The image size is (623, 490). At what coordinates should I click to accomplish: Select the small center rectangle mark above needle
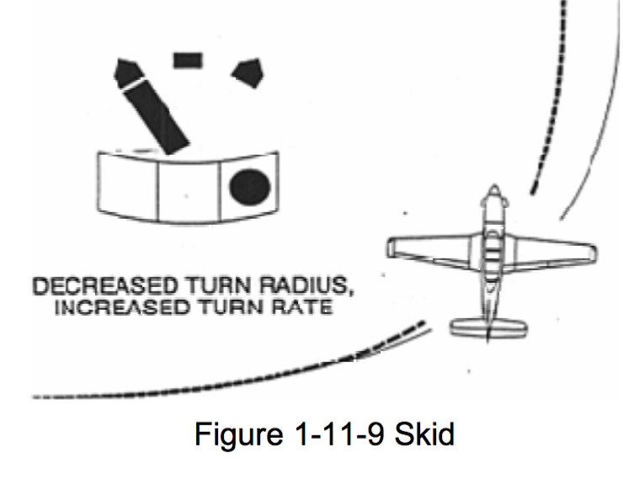188,59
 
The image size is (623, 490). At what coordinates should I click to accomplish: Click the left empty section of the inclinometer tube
129,184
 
